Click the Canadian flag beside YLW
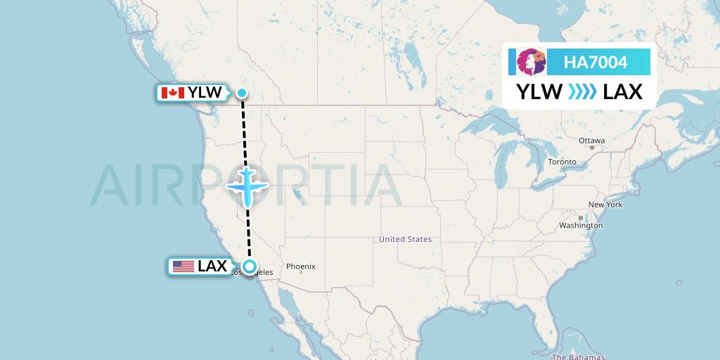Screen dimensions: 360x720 coord(172,93)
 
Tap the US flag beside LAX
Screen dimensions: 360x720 coord(184,266)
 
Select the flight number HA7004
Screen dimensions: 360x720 coord(596,63)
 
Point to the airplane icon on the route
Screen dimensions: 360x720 coord(247,186)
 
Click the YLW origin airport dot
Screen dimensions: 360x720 coord(242,93)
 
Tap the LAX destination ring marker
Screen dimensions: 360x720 coord(250,266)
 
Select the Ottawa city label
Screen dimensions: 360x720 coord(591,141)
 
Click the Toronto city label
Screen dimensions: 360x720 coord(562,162)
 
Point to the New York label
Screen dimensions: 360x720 coord(605,205)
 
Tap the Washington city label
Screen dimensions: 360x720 coord(581,226)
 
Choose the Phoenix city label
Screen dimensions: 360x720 coord(300,266)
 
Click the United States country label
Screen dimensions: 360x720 coord(405,239)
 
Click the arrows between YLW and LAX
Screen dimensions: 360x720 coord(582,92)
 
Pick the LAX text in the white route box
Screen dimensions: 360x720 coord(623,92)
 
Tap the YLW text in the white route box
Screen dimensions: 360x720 coord(540,92)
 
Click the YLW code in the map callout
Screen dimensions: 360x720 coord(205,93)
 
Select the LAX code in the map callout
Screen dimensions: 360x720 coord(212,266)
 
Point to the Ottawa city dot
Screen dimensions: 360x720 coord(592,148)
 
